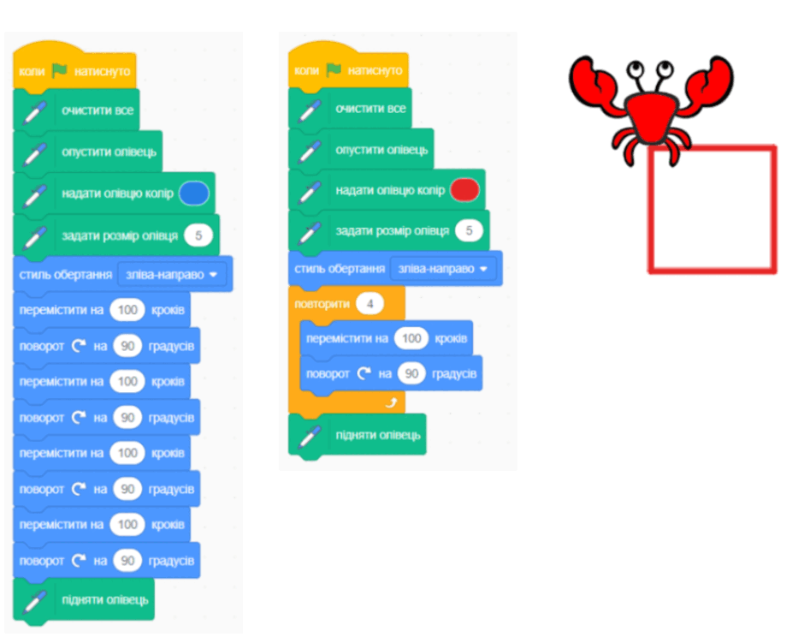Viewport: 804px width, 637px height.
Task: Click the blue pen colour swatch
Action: coord(194,193)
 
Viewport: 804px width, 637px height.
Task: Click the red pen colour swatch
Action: coord(464,190)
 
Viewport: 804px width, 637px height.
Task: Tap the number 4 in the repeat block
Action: coord(369,304)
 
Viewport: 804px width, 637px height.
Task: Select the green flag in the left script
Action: coord(60,70)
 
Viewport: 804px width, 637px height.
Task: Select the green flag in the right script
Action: coord(334,69)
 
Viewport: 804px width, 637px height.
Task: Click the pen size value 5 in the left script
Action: coord(198,235)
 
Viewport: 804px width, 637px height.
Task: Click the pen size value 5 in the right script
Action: coord(469,230)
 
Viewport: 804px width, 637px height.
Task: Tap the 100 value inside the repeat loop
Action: coord(411,338)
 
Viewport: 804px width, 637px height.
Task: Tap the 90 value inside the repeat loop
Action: coord(411,373)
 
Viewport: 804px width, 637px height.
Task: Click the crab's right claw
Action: coord(710,82)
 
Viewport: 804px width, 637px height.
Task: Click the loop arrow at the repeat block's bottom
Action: coord(391,403)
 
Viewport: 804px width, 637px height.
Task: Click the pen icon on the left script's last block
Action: coord(34,601)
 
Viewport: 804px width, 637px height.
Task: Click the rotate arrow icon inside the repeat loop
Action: coord(364,373)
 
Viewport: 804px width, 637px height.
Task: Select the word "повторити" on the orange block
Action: coord(322,304)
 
